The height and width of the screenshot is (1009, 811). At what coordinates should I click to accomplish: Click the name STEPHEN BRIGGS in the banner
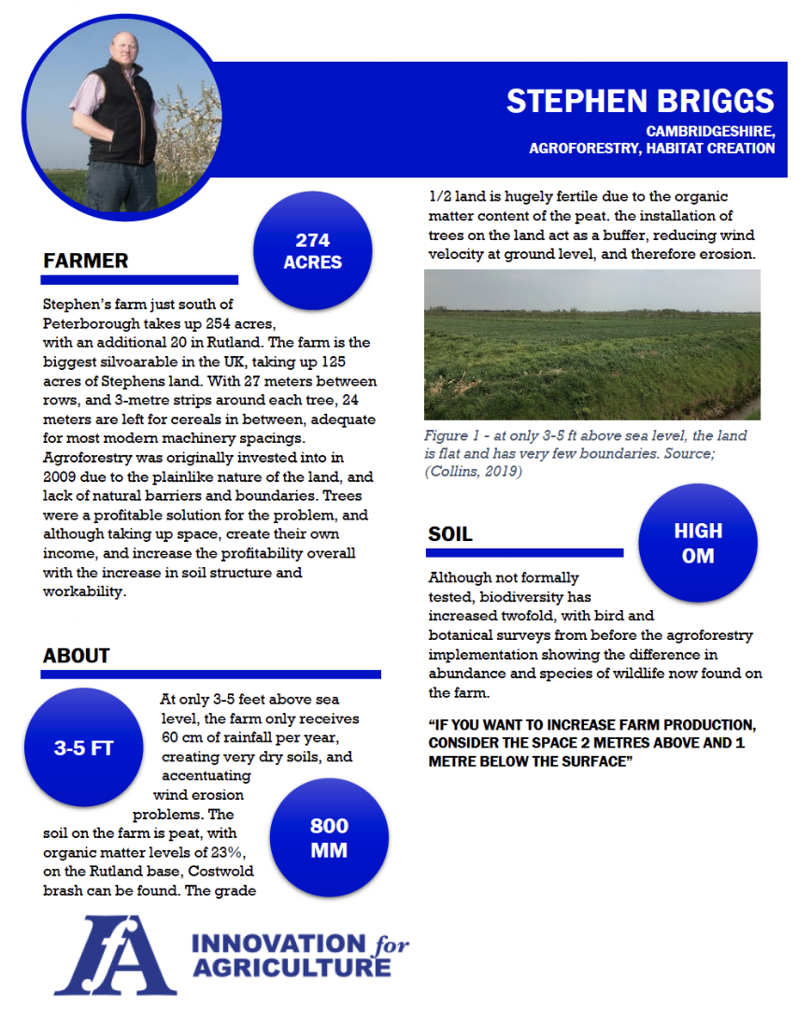640,101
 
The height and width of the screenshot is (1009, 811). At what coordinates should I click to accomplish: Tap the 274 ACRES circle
312,251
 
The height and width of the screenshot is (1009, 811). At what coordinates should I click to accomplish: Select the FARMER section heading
86,261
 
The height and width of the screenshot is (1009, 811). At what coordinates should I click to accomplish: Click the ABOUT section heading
77,656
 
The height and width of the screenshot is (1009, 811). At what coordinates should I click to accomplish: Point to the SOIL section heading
450,534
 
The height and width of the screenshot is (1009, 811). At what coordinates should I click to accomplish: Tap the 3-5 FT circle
82,748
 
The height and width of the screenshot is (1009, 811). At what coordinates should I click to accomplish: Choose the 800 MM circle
329,837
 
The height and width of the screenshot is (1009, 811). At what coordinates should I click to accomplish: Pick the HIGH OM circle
698,543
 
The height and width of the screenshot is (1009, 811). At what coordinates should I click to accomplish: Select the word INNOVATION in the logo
263,944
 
